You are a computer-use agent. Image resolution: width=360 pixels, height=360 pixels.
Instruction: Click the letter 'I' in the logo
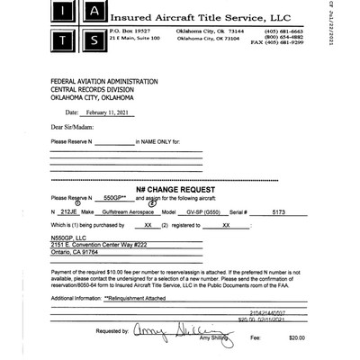point(66,13)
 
